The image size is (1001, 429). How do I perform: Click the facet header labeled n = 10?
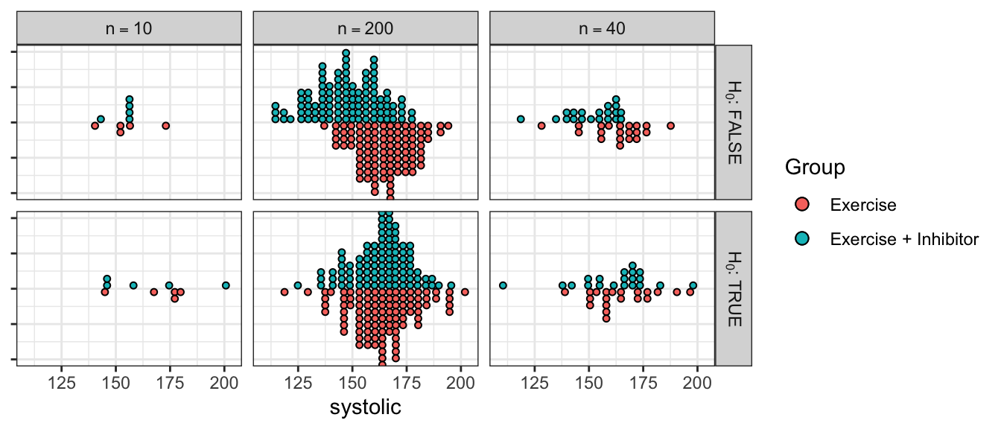[x=129, y=29]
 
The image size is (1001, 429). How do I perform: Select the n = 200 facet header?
[x=365, y=29]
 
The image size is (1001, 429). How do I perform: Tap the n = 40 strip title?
[x=602, y=29]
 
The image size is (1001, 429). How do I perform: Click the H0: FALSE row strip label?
[x=734, y=121]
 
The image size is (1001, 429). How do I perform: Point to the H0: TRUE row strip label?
[x=734, y=288]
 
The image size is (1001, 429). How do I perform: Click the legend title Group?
[x=815, y=168]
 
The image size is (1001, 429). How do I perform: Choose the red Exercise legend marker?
[x=801, y=205]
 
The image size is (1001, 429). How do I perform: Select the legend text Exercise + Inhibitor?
[x=903, y=239]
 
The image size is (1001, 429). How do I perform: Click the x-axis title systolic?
[x=365, y=407]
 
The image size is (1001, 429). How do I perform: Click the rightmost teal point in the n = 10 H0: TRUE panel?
[x=226, y=285]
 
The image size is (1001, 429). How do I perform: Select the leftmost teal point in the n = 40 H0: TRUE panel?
[x=503, y=285]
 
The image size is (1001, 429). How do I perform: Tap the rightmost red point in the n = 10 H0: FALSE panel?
[x=165, y=126]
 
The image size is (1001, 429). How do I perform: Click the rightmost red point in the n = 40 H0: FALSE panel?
[x=670, y=126]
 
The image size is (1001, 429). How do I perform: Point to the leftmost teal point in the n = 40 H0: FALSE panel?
[x=521, y=119]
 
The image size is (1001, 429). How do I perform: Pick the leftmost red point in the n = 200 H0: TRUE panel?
[x=284, y=292]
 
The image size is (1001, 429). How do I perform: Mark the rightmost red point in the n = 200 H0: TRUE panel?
[x=465, y=292]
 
